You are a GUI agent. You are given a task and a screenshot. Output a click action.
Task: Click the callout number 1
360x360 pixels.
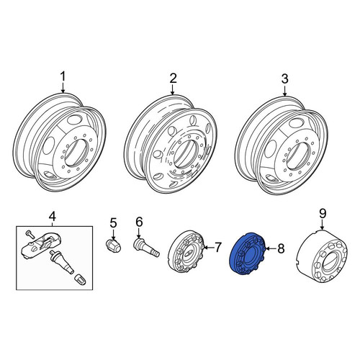[63, 77]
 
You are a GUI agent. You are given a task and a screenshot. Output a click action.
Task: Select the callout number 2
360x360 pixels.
[173, 78]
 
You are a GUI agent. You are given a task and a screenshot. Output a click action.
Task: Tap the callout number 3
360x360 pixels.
[284, 78]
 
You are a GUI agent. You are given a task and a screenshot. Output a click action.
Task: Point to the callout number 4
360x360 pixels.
[53, 216]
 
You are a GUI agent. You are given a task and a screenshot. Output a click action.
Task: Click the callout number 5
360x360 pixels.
[113, 222]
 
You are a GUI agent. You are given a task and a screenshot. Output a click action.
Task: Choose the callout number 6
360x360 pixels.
[139, 222]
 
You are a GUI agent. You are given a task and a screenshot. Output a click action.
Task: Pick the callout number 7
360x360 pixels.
[217, 247]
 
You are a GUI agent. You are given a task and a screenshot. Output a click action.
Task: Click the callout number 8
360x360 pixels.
[281, 248]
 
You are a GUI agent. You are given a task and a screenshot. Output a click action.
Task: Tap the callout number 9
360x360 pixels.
[323, 213]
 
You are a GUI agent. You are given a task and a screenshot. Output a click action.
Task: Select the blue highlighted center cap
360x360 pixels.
[247, 253]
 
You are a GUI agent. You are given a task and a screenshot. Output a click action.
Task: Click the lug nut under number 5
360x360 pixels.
[113, 245]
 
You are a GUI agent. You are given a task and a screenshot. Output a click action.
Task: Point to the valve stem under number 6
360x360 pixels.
[146, 247]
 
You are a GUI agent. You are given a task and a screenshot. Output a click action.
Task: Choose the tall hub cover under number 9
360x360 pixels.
[322, 256]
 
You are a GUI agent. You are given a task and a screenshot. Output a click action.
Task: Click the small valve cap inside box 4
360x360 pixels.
[80, 279]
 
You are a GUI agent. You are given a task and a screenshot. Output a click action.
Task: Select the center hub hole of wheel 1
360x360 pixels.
[75, 153]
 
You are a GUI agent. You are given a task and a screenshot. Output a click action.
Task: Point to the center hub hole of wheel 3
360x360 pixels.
[297, 156]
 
